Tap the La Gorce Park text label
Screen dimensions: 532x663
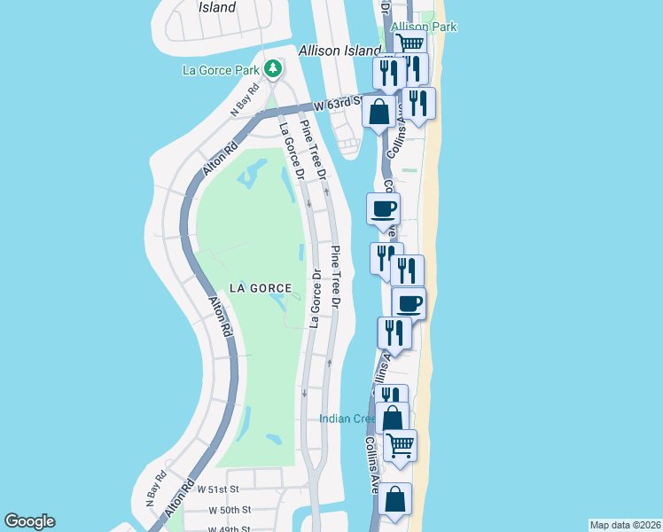pos(221,69)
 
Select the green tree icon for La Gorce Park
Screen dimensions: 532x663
pos(275,68)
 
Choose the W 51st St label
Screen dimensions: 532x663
pos(218,489)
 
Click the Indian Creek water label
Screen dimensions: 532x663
pos(351,418)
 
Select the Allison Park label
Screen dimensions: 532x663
pos(424,27)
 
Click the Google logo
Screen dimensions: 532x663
pos(29,521)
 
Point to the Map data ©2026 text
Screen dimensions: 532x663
pos(625,525)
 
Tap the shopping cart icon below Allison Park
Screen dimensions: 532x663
pos(409,43)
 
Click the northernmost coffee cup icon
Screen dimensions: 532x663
pos(384,208)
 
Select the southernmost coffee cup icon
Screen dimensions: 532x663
pos(409,303)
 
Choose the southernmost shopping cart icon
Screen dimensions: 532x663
pos(400,443)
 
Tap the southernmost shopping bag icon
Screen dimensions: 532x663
pos(395,498)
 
